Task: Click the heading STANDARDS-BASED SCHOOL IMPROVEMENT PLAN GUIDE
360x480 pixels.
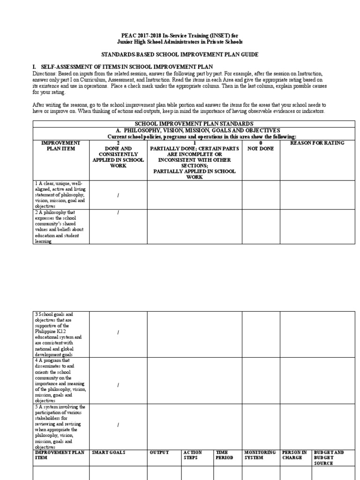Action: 180,55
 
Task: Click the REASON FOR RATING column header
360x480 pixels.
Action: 317,143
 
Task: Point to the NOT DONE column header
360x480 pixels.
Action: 261,145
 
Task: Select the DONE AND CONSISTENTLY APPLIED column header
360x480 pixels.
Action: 118,154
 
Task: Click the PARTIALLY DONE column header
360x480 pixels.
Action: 194,157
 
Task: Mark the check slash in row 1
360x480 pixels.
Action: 118,195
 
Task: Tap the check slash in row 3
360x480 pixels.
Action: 118,332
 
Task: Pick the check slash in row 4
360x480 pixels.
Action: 118,385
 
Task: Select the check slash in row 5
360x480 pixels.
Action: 118,425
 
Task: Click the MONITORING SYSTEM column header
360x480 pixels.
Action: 260,455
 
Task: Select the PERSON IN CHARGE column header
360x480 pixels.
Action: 294,455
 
